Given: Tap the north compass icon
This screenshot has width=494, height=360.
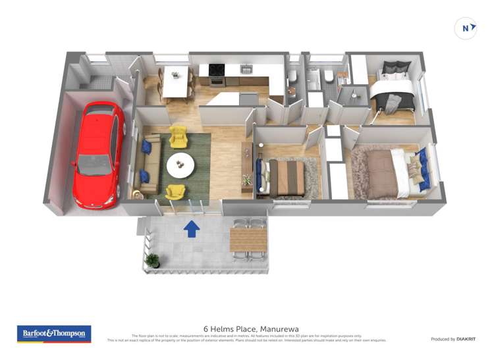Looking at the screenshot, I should tap(466, 28).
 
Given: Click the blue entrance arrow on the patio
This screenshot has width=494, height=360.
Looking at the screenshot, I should tap(191, 228).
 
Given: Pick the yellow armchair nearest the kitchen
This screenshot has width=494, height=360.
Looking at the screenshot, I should tap(178, 137).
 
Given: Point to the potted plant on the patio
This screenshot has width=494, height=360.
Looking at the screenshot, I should tap(152, 261).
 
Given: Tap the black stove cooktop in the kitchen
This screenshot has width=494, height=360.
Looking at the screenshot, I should tap(217, 69).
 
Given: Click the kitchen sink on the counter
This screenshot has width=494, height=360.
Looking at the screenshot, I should tap(246, 69).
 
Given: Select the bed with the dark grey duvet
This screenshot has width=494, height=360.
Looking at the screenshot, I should tap(394, 92).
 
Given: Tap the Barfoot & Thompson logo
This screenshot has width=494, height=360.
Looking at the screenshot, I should tap(54, 334).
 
